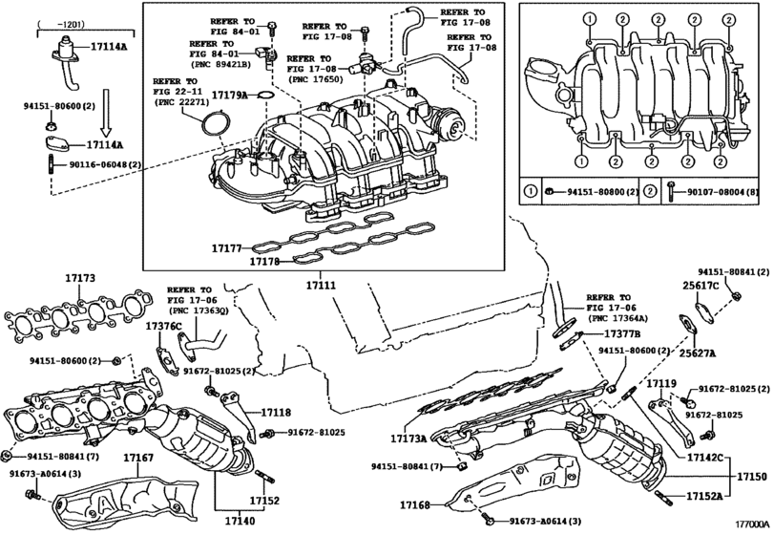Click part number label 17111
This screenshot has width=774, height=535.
(x=321, y=285)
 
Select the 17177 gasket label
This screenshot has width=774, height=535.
(x=226, y=248)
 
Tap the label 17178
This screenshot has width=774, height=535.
(x=264, y=262)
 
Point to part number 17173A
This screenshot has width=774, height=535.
(x=408, y=438)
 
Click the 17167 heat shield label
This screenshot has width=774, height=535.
(x=138, y=458)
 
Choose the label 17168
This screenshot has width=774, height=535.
(x=415, y=504)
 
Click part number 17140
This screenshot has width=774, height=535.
(x=240, y=521)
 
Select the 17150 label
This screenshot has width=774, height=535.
(x=752, y=477)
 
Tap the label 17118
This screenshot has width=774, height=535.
(x=276, y=413)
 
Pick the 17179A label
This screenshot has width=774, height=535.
(x=230, y=95)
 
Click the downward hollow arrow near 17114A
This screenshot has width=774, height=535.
(x=106, y=113)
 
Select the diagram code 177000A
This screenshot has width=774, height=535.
(x=753, y=524)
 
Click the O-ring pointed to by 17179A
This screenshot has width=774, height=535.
(x=266, y=94)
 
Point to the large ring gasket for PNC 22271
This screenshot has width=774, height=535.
(x=216, y=123)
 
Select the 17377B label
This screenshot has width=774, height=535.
(x=622, y=334)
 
